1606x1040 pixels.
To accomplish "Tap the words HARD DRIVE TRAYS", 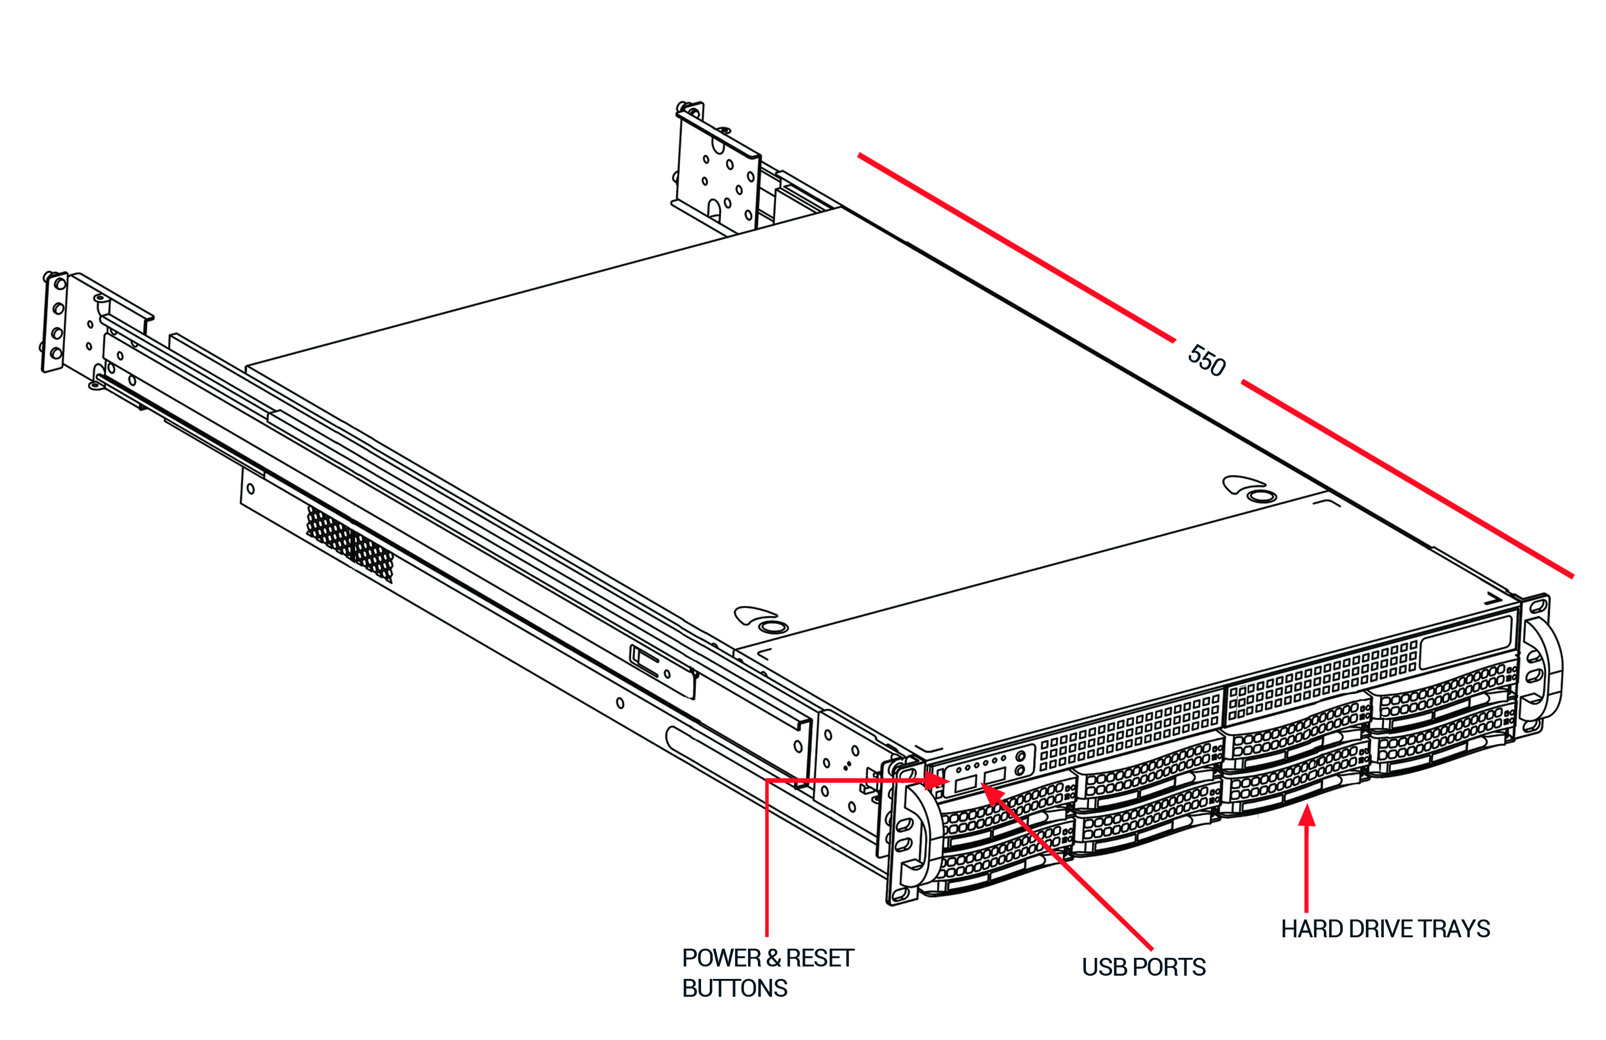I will click(x=1385, y=929).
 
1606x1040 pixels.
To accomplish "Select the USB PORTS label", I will click(x=1143, y=967).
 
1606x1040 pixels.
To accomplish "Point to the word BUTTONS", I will click(x=734, y=988).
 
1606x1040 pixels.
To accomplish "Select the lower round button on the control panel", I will click(x=1019, y=770).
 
